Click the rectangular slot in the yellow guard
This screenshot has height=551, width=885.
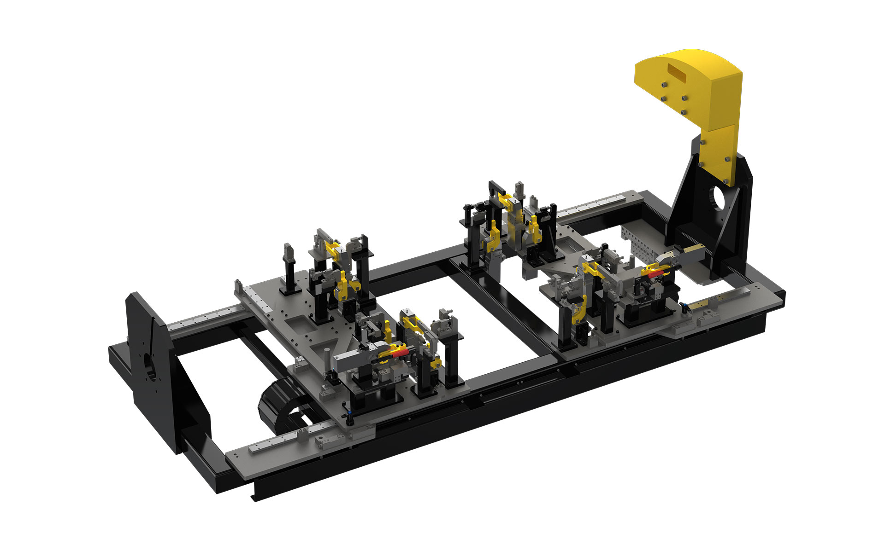(681, 72)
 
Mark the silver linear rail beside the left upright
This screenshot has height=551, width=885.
(203, 319)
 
